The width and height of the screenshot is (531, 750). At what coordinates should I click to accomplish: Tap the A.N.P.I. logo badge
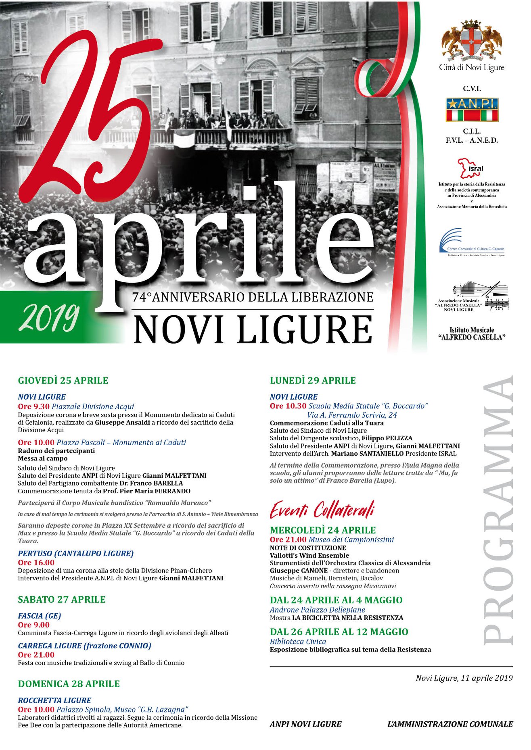(x=472, y=110)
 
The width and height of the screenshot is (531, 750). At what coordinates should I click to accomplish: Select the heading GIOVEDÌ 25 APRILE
(x=63, y=380)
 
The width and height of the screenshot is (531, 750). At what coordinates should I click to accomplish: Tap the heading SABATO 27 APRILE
(x=62, y=600)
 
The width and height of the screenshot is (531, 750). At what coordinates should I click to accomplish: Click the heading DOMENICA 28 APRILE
(x=69, y=684)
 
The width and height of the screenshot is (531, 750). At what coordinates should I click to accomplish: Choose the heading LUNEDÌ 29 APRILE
(x=313, y=380)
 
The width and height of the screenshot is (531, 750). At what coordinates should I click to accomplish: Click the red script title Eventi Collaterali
(x=322, y=510)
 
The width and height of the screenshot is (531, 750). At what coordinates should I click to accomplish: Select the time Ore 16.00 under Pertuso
(x=36, y=562)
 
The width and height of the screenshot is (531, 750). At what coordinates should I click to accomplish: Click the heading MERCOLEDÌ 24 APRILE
(x=323, y=530)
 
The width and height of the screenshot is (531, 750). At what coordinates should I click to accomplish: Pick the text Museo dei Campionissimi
(x=351, y=540)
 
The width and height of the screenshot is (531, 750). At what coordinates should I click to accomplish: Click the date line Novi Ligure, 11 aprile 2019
(x=464, y=678)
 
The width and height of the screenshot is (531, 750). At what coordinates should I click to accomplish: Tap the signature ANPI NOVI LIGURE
(x=305, y=724)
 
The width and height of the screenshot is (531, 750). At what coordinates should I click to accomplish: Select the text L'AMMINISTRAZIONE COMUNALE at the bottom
(x=450, y=724)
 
